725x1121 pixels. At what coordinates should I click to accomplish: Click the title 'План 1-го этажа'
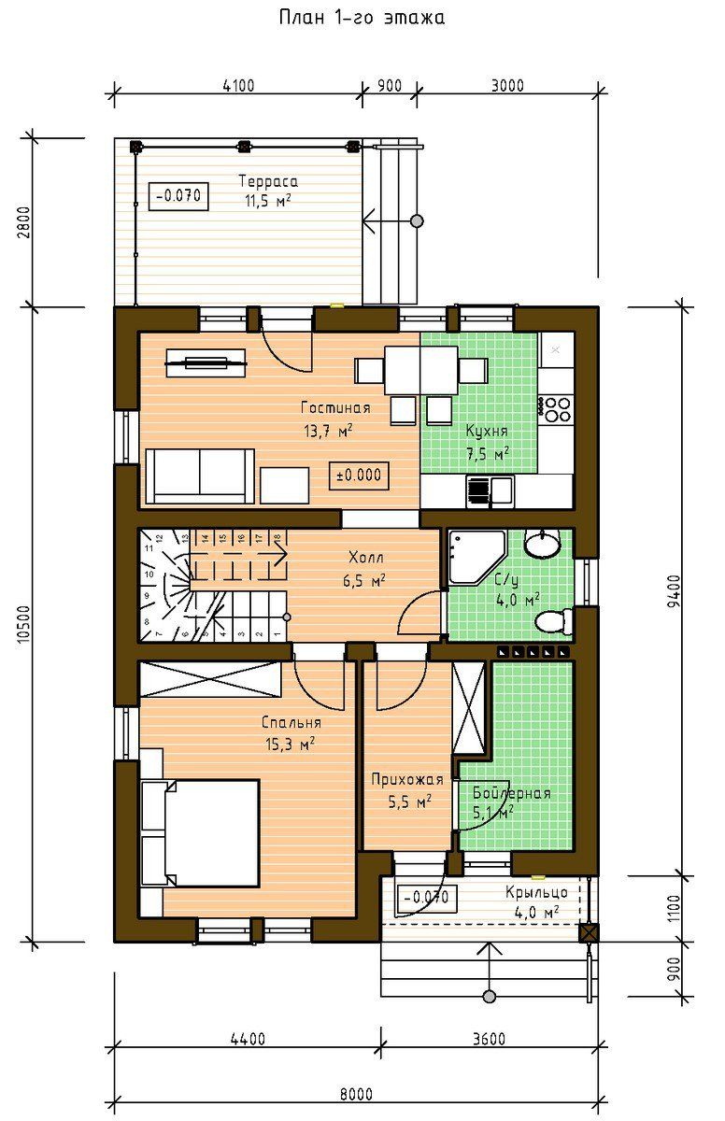point(362,18)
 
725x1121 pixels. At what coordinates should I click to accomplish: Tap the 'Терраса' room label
point(268,180)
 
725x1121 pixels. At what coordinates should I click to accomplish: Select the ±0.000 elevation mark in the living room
point(359,475)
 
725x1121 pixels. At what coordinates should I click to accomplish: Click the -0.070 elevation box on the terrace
point(178,195)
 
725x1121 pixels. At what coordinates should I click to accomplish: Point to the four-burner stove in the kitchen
point(555,409)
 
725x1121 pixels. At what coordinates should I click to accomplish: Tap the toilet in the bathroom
point(554,621)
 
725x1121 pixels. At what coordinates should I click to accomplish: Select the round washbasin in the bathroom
point(542,544)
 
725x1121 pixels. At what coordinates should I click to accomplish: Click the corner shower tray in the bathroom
point(476,557)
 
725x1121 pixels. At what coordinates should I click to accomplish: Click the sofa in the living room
point(200,475)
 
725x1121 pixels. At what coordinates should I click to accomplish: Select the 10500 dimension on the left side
point(24,624)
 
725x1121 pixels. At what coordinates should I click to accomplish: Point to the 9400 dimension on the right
point(675,590)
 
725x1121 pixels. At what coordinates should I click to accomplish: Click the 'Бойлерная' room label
point(511,793)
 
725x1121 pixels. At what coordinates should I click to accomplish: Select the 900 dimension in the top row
point(390,86)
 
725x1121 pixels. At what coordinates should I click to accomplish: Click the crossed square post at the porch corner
point(589,933)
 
